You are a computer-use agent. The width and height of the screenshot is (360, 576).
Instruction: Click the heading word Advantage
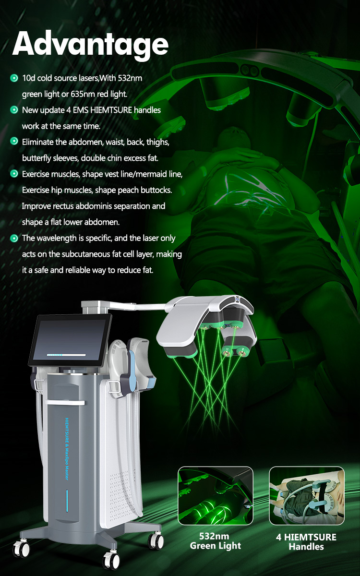(90, 44)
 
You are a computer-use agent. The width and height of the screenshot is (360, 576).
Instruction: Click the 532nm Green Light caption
(216, 541)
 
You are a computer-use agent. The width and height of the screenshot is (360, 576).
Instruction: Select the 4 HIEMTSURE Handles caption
(306, 541)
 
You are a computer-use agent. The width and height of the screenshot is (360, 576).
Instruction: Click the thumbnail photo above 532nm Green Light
(216, 496)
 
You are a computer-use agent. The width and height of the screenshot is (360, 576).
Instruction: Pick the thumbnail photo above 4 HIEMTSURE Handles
(306, 496)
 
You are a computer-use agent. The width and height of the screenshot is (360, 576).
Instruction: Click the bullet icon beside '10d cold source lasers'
(14, 78)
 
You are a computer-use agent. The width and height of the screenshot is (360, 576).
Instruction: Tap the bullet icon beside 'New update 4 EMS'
(14, 110)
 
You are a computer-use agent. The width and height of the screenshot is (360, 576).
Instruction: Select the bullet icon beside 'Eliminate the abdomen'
(14, 142)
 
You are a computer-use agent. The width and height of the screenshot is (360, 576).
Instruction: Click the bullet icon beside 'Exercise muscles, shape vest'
(14, 174)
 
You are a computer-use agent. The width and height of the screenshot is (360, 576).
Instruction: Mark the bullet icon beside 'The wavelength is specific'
(14, 238)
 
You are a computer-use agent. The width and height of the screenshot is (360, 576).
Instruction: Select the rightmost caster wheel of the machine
(156, 540)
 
